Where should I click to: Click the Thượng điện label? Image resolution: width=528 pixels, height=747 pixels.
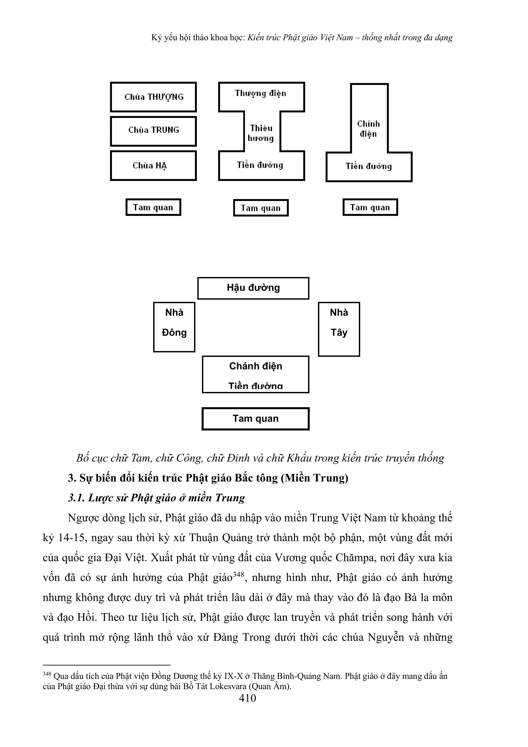coord(260,94)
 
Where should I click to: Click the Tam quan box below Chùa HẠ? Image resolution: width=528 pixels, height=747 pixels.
coord(153,208)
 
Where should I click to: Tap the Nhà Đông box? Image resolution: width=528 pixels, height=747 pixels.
coord(174,327)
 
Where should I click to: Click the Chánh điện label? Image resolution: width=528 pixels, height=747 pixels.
coord(256,366)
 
